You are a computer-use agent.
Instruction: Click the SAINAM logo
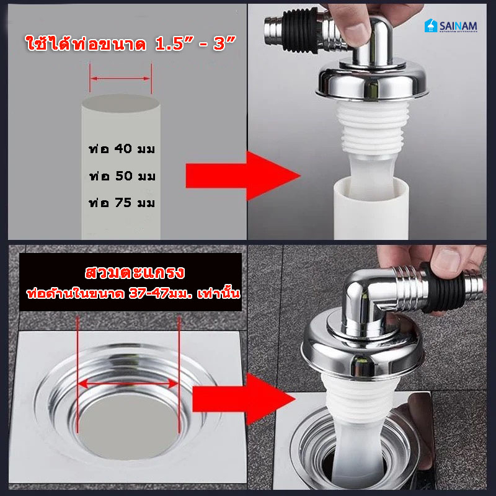pos(451,25)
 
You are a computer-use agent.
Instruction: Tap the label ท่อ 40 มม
pos(122,149)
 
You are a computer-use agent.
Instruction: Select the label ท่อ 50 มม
pos(122,176)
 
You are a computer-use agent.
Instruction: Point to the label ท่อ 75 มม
pos(122,203)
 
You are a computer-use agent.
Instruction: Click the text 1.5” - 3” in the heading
pos(195,43)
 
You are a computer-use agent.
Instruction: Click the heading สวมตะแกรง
pos(135,273)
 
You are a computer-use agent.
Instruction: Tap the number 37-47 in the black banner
pos(148,294)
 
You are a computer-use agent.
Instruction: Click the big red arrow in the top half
pos(242,176)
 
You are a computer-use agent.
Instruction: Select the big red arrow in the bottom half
pos(244,399)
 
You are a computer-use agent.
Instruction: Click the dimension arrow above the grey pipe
pos(120,79)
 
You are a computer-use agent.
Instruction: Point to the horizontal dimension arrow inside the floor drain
pos(128,384)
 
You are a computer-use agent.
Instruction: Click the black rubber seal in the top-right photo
pos(299,30)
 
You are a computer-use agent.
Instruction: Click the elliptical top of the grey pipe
pos(120,103)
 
